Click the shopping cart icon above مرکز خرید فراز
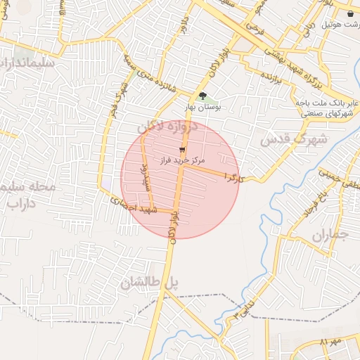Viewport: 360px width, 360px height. coord(182,150)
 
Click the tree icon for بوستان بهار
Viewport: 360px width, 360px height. coord(202,96)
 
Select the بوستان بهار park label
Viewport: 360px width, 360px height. coord(202,108)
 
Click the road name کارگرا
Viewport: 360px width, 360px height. coord(233,176)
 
